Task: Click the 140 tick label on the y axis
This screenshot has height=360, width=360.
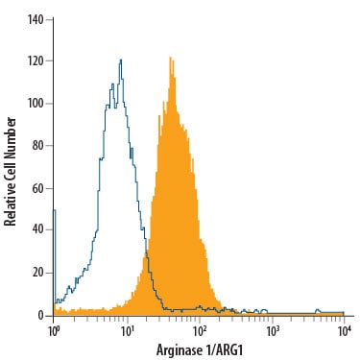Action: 36,20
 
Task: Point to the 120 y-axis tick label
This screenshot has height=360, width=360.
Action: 36,61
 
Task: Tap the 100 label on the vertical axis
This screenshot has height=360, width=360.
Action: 36,104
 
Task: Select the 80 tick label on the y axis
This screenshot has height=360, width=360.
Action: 37,146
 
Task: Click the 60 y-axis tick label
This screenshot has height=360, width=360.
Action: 37,188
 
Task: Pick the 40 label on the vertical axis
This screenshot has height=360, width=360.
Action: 37,230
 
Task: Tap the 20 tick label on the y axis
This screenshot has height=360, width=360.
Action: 37,273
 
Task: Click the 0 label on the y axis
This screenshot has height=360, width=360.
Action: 40,316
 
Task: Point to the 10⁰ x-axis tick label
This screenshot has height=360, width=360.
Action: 53,330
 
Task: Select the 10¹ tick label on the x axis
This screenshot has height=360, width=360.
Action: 127,330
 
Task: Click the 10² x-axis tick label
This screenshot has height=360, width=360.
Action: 200,330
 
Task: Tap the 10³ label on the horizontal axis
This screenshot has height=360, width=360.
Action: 272,330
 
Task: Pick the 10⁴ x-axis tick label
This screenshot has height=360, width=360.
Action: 344,330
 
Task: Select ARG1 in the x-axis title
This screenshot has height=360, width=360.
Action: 229,349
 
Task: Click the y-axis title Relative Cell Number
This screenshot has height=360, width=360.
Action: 11,172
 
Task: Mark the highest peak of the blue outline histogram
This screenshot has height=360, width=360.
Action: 121,60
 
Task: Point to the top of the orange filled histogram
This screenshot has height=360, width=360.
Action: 171,58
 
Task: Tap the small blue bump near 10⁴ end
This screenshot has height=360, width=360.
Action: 318,311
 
